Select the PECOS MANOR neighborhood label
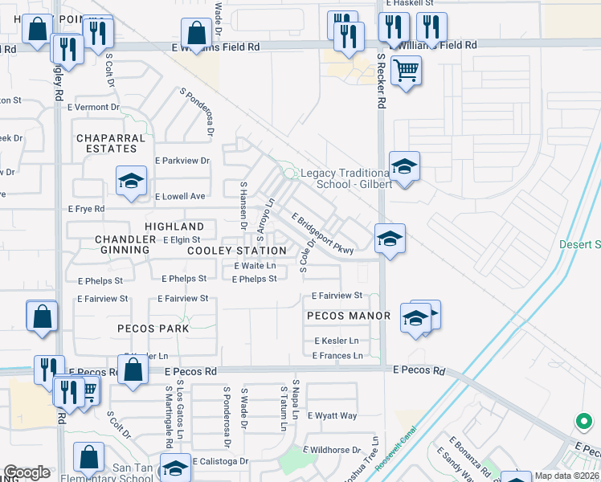pyautogui.click(x=348, y=316)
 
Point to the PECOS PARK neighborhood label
pyautogui.click(x=153, y=329)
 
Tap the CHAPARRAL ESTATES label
pyautogui.click(x=111, y=143)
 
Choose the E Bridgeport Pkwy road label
pyautogui.click(x=323, y=235)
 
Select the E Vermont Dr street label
pyautogui.click(x=93, y=107)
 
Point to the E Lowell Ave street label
pyautogui.click(x=180, y=196)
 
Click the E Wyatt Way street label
pyautogui.click(x=336, y=415)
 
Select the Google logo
pyautogui.click(x=27, y=472)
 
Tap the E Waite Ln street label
pyautogui.click(x=255, y=265)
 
